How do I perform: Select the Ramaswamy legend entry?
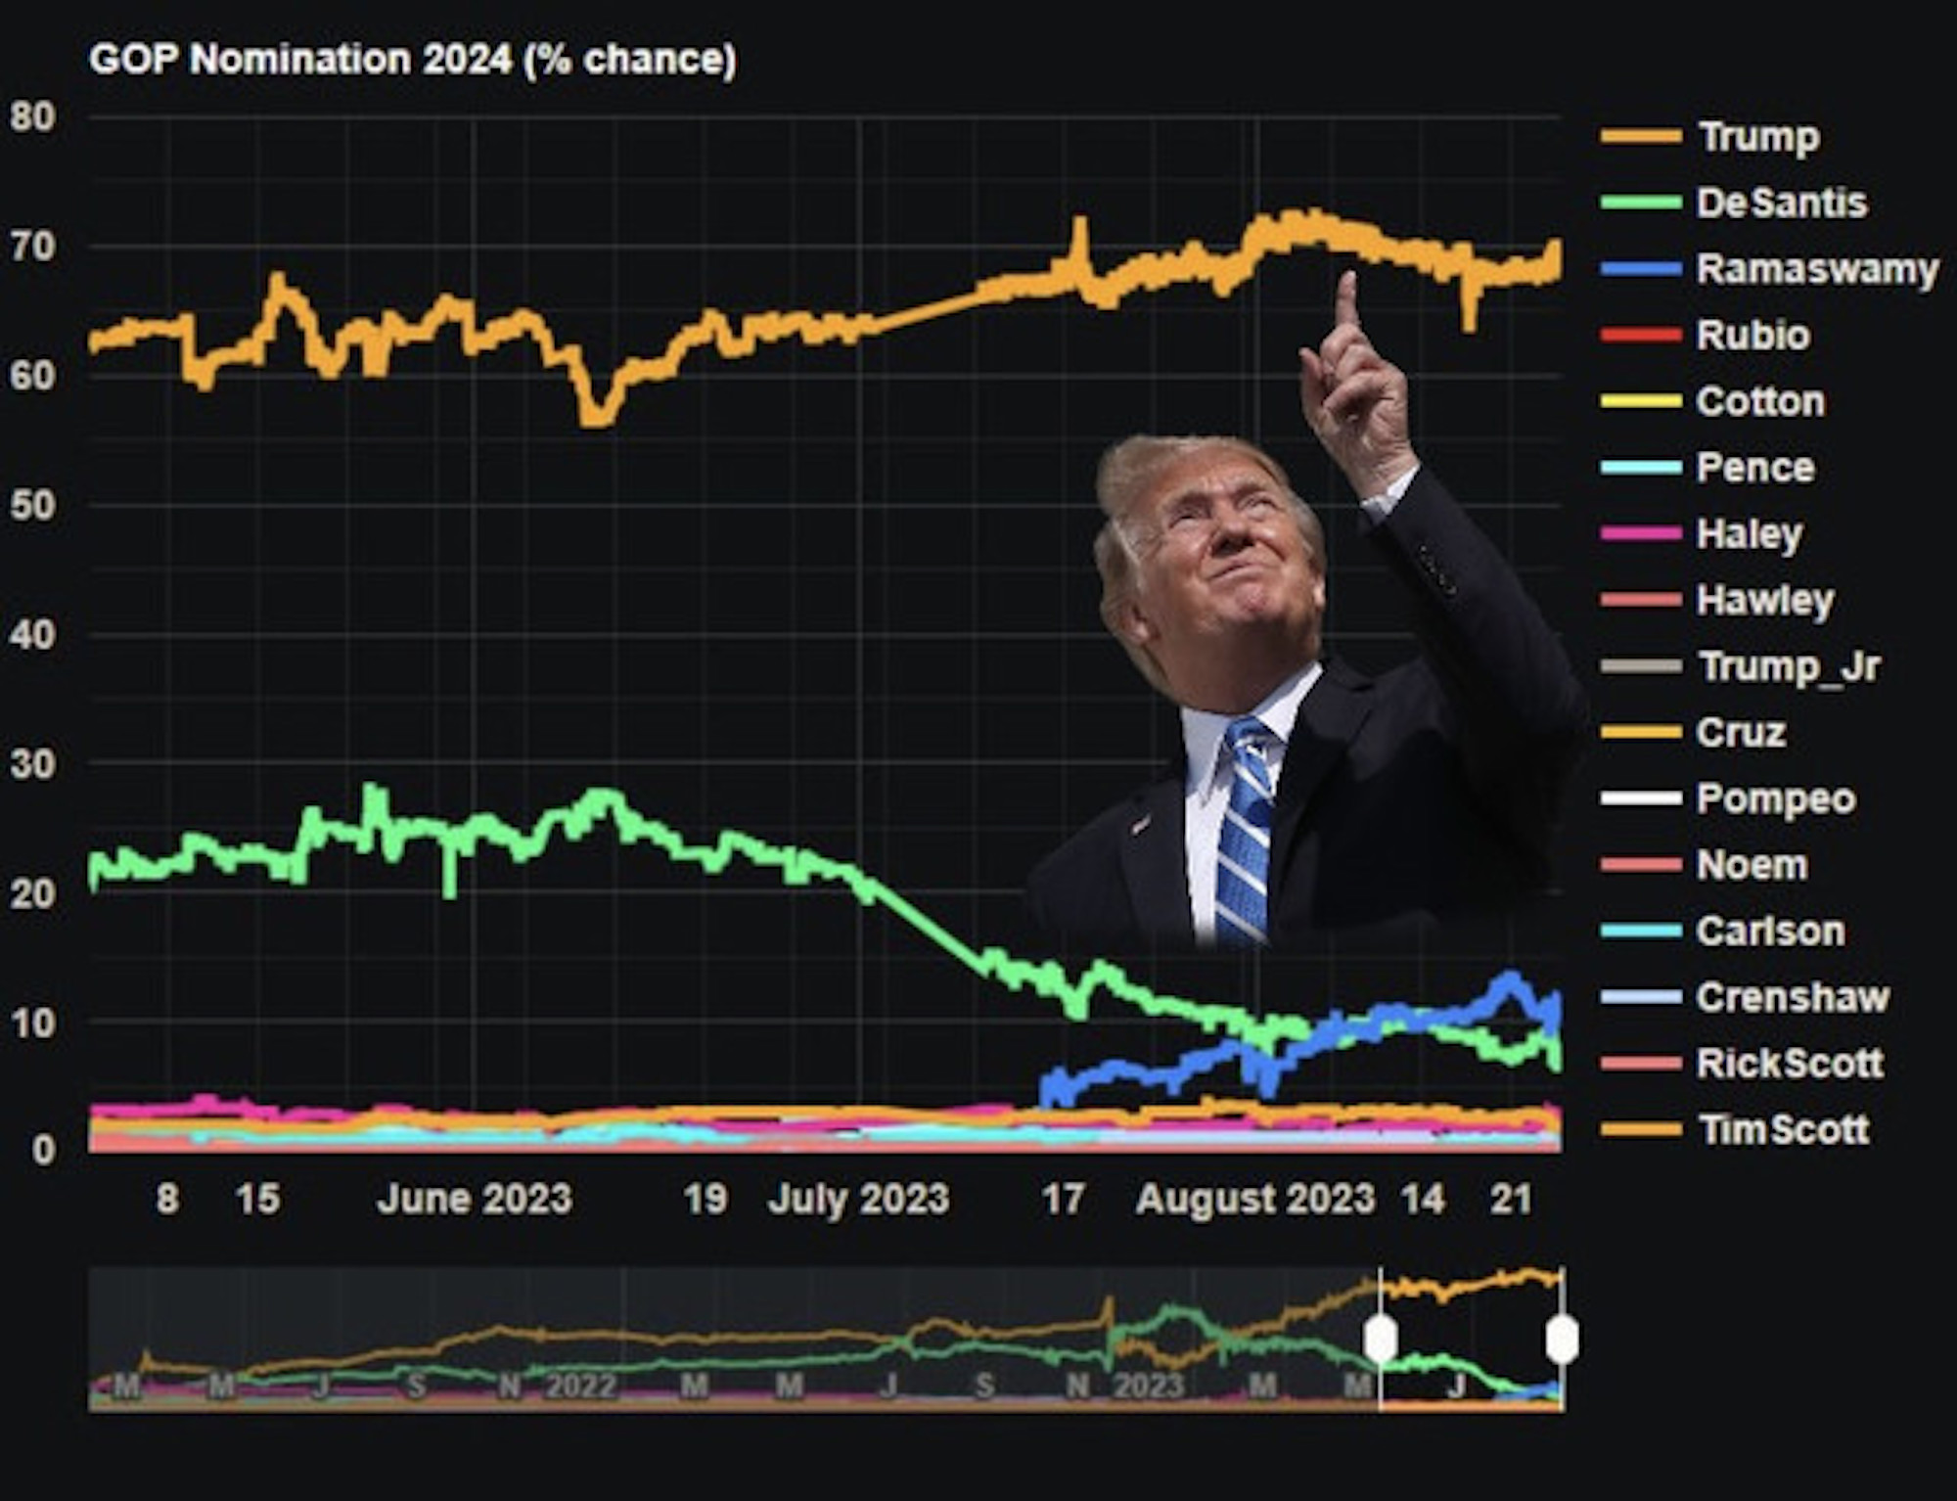click(1816, 269)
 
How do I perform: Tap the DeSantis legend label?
click(1781, 204)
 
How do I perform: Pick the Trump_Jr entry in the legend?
click(1789, 666)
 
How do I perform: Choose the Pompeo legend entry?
click(1775, 798)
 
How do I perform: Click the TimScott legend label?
click(1783, 1129)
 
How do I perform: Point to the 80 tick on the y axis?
click(33, 117)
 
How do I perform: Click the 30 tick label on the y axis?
click(33, 764)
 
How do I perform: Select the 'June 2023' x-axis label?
click(474, 1199)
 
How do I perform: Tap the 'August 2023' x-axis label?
click(1255, 1199)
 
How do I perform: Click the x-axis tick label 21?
click(1510, 1199)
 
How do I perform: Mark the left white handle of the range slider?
click(1380, 1338)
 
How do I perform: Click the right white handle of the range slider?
click(1562, 1338)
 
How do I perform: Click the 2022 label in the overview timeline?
click(581, 1386)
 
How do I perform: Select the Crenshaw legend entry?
click(1793, 997)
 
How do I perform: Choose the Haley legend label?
click(1749, 534)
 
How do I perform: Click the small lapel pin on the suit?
click(1141, 824)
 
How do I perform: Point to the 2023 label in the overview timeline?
click(1149, 1386)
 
